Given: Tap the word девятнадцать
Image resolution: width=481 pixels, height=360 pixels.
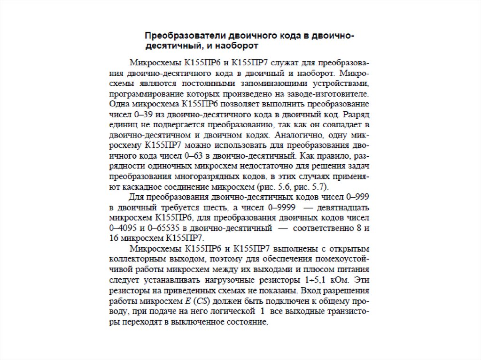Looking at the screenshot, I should point(342,207).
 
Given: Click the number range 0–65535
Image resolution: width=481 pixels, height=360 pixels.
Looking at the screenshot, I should point(163,228).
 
